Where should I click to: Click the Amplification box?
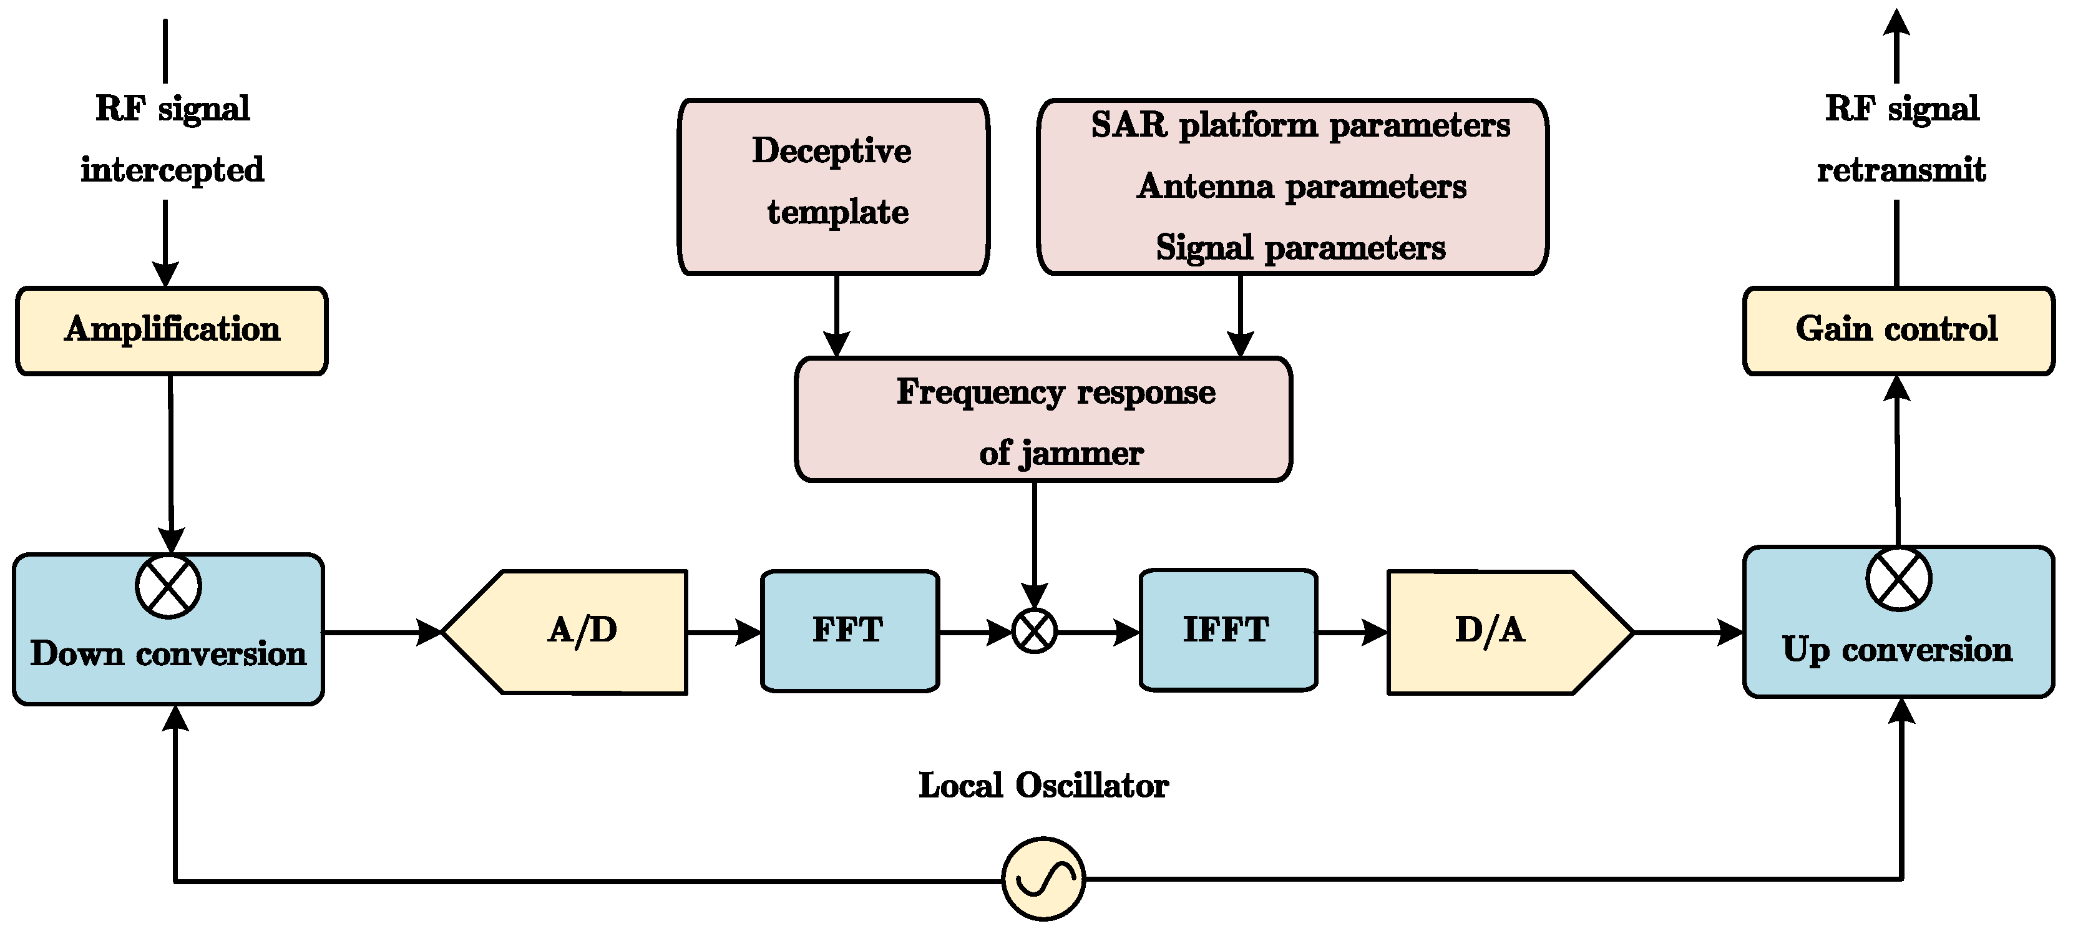(x=172, y=331)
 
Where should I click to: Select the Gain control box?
(x=1898, y=331)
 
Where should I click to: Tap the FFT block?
(x=849, y=630)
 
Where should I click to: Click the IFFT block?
(x=1227, y=630)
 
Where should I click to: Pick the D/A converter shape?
(x=1497, y=631)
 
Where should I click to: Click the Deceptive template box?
(x=833, y=186)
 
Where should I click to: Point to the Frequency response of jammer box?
(x=1043, y=419)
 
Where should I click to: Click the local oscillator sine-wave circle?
(x=1043, y=879)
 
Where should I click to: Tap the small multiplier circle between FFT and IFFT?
(x=1034, y=631)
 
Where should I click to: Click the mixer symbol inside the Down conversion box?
(x=168, y=586)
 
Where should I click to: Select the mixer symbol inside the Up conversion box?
(x=1898, y=579)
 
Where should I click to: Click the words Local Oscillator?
(x=1043, y=786)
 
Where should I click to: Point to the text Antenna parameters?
(x=1300, y=187)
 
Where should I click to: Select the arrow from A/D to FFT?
(x=723, y=633)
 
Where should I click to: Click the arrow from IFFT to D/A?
(x=1352, y=633)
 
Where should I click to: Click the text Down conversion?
(x=168, y=654)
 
